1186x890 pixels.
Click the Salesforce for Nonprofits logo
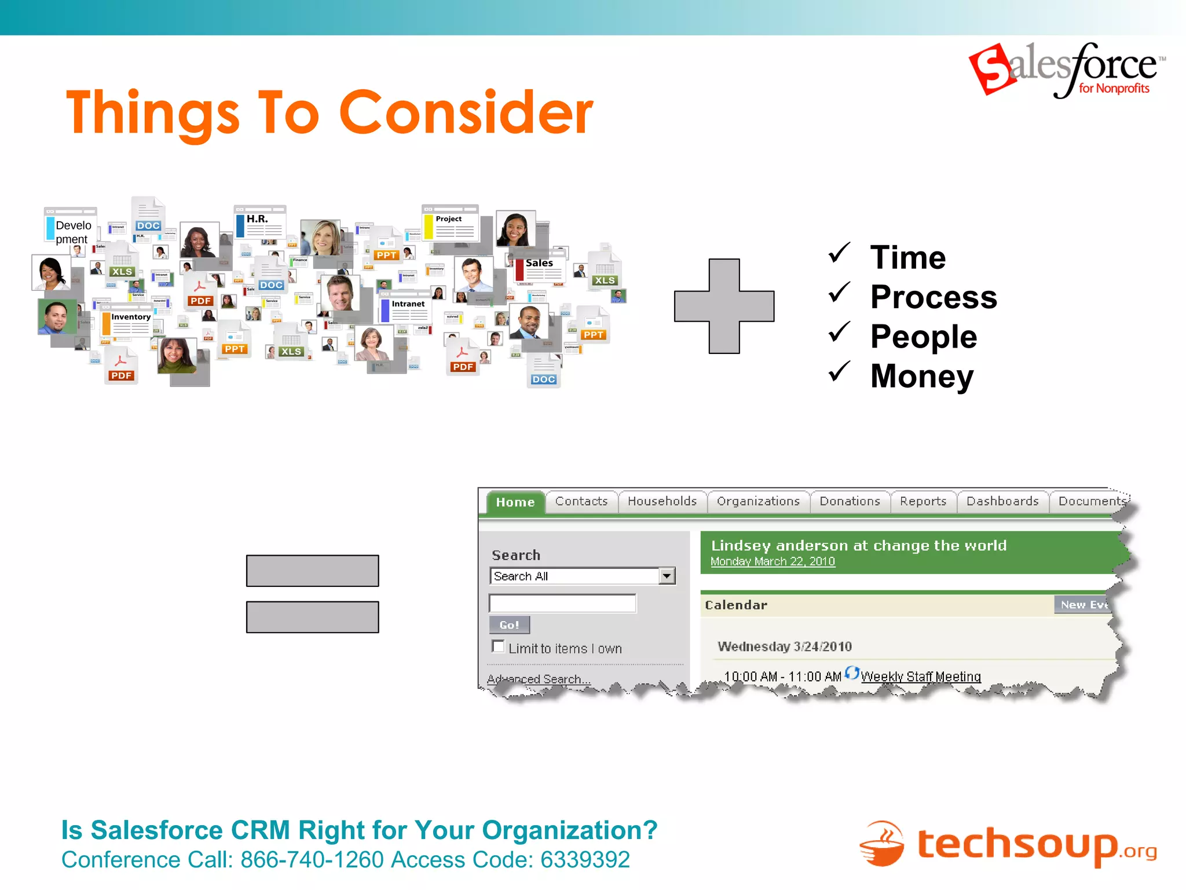pyautogui.click(x=1067, y=70)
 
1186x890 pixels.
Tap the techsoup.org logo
pyautogui.click(x=1008, y=844)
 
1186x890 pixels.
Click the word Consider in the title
pyautogui.click(x=466, y=113)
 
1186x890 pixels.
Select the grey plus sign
pyautogui.click(x=724, y=306)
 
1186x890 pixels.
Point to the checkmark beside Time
pyautogui.click(x=839, y=253)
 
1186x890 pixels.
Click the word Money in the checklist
pyautogui.click(x=922, y=376)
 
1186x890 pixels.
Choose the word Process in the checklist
pyautogui.click(x=934, y=297)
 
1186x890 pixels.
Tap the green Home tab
pyautogui.click(x=515, y=502)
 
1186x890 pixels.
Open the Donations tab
pyautogui.click(x=850, y=501)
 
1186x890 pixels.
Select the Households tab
pyautogui.click(x=662, y=501)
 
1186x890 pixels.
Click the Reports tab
pyautogui.click(x=923, y=501)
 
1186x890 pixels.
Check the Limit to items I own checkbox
pyautogui.click(x=497, y=646)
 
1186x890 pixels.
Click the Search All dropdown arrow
pyautogui.click(x=667, y=576)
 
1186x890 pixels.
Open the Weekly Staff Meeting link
pyautogui.click(x=920, y=677)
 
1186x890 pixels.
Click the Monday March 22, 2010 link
pyautogui.click(x=773, y=561)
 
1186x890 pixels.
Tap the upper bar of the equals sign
pyautogui.click(x=312, y=571)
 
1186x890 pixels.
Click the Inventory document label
pyautogui.click(x=131, y=317)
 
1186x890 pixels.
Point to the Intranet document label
pyautogui.click(x=408, y=304)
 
